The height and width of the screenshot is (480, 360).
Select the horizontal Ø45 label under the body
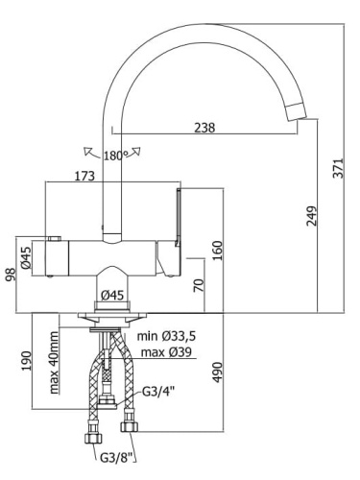click(112, 295)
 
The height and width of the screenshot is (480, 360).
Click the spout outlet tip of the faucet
click(298, 115)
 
